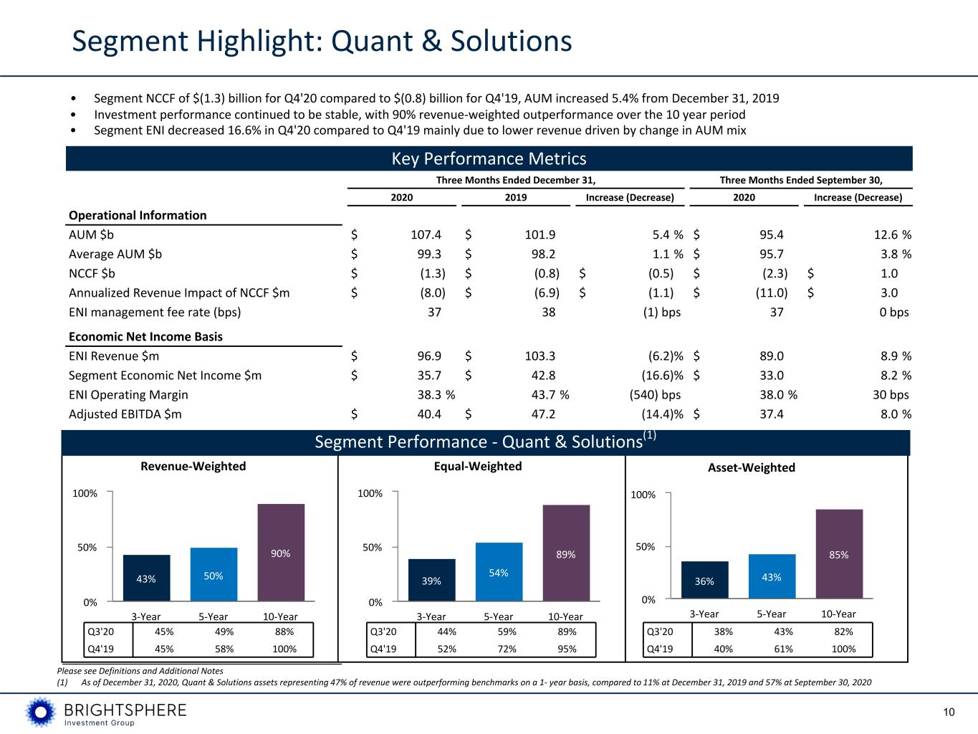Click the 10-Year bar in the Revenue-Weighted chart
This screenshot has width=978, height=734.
(x=281, y=552)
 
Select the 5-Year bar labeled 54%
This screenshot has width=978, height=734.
(x=499, y=572)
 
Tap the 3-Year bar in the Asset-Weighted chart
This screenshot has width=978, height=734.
(x=704, y=580)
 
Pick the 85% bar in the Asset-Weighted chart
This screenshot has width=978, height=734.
(x=839, y=553)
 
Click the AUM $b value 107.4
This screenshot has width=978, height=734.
(x=426, y=234)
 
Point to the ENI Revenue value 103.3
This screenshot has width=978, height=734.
(x=540, y=356)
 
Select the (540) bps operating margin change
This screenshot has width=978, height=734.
(x=655, y=395)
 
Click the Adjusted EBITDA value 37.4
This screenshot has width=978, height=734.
(x=771, y=414)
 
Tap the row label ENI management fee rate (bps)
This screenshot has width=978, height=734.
(x=155, y=312)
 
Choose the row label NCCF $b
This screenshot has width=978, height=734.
(x=92, y=273)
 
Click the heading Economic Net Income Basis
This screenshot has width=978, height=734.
(x=145, y=336)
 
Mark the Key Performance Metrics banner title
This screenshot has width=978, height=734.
(x=489, y=158)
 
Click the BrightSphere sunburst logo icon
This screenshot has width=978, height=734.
(x=41, y=712)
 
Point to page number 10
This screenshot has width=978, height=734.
(x=949, y=712)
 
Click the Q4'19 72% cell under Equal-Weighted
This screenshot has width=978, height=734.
(x=507, y=649)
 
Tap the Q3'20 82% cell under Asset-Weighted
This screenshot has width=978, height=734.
(x=843, y=631)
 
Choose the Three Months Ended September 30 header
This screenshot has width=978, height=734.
(x=800, y=180)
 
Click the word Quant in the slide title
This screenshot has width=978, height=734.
(x=372, y=41)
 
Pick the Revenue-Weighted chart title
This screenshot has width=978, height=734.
(x=193, y=466)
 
